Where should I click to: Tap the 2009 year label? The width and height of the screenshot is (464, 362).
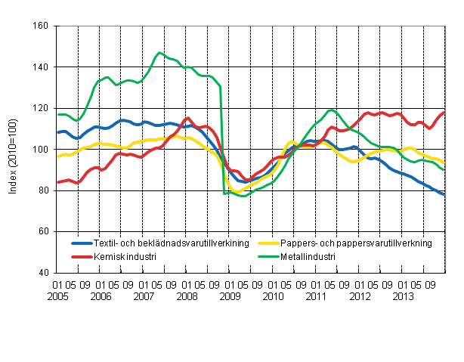tap(230, 296)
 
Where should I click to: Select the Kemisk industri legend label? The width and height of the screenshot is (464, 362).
tap(125, 256)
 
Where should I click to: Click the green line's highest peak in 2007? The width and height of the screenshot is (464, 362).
tap(159, 53)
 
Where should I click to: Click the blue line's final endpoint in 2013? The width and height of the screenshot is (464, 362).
tap(443, 195)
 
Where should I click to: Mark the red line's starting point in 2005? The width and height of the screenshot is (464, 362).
tap(57, 182)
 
